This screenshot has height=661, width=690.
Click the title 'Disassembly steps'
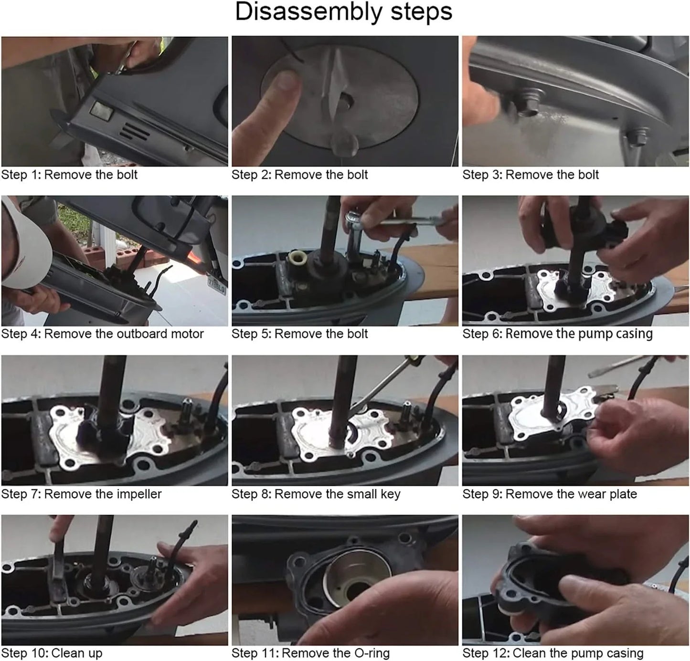click(x=344, y=12)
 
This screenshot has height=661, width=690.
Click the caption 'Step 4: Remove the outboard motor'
click(x=103, y=334)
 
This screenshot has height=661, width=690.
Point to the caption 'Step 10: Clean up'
click(x=52, y=653)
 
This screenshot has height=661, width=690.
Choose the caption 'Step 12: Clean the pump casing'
click(x=553, y=653)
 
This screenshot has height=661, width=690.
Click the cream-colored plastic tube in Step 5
click(x=297, y=259)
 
